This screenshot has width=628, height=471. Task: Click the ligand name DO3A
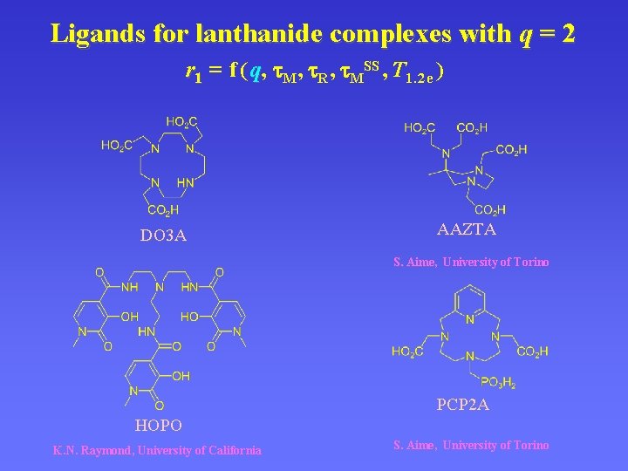[164, 235]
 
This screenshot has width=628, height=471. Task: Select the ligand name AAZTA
[467, 229]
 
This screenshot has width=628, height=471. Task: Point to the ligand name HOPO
[158, 425]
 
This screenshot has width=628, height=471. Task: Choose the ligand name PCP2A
[462, 405]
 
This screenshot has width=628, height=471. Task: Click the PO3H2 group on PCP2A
[498, 381]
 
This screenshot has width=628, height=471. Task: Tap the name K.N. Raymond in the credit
[92, 450]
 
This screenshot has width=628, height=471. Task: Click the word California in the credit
[229, 450]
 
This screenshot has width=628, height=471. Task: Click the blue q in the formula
[256, 72]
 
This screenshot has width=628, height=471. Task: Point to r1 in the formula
[194, 73]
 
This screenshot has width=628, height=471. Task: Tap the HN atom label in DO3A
[185, 182]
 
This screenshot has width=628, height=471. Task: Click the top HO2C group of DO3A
[181, 122]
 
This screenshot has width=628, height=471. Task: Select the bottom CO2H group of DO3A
[163, 209]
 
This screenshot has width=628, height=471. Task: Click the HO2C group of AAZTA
[420, 128]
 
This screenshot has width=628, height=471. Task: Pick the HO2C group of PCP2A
[407, 352]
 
